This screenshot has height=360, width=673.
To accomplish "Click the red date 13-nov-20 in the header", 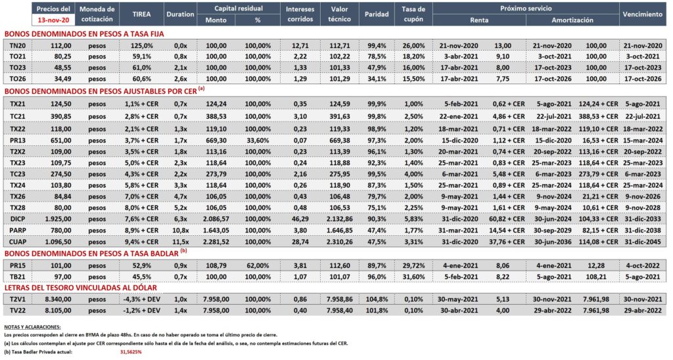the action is pyautogui.click(x=53, y=20).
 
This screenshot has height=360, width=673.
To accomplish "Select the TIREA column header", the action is pyautogui.click(x=141, y=14).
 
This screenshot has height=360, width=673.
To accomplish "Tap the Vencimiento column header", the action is pyautogui.click(x=643, y=14).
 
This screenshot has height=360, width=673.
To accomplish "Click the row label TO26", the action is pyautogui.click(x=18, y=79).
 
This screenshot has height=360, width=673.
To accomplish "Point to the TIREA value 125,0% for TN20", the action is pyautogui.click(x=142, y=45).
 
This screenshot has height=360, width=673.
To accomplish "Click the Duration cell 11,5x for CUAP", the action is pyautogui.click(x=180, y=242).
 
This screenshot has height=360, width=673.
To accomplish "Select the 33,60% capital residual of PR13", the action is pyautogui.click(x=258, y=141).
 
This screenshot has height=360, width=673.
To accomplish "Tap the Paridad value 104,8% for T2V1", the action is pyautogui.click(x=377, y=299).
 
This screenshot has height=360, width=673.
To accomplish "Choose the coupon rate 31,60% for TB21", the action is pyautogui.click(x=414, y=277).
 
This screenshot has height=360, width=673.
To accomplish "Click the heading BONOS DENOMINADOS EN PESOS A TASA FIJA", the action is pyautogui.click(x=84, y=34).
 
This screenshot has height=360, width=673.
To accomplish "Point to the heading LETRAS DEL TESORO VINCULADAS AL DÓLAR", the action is pyautogui.click(x=81, y=288).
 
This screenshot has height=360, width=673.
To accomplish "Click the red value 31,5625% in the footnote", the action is pyautogui.click(x=131, y=352).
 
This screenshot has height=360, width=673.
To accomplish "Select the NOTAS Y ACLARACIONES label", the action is pyautogui.click(x=33, y=327).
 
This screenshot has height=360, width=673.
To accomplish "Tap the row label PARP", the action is pyautogui.click(x=18, y=231).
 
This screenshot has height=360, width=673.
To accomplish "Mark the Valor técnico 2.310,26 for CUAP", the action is pyautogui.click(x=339, y=242).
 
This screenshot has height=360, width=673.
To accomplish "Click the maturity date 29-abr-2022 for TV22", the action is pyautogui.click(x=643, y=310).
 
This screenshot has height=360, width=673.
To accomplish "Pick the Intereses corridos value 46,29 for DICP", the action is pyautogui.click(x=300, y=219).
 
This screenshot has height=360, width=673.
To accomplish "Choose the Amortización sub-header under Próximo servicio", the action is pyautogui.click(x=572, y=20).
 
